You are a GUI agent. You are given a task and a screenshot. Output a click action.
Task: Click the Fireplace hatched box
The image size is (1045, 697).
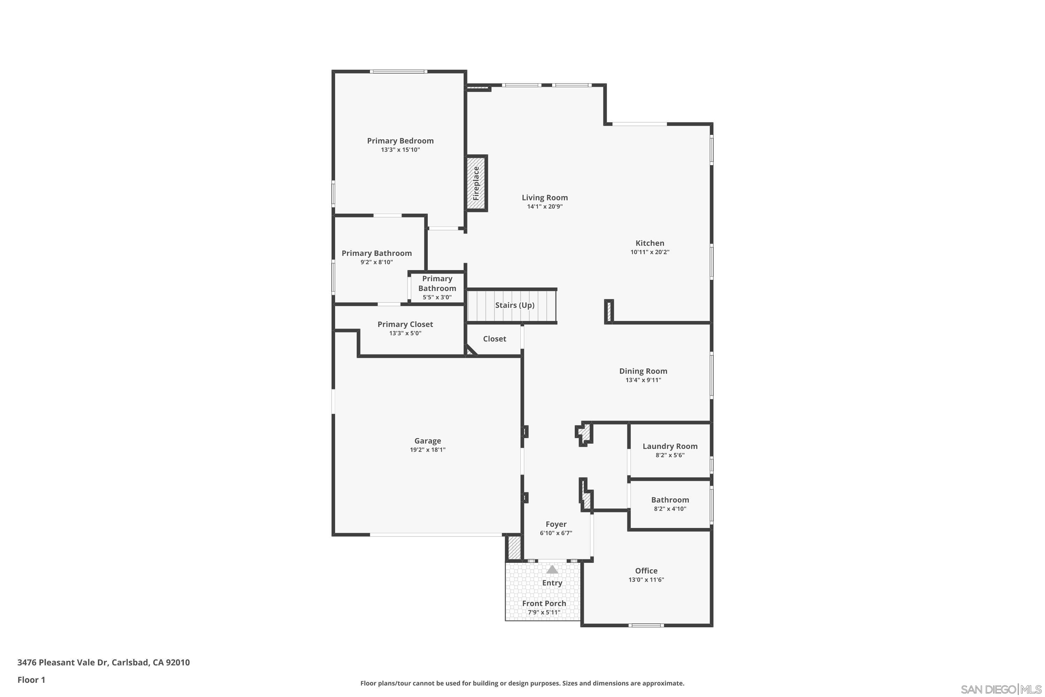[476, 183]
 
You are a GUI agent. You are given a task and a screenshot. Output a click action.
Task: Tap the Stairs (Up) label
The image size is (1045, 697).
[514, 305]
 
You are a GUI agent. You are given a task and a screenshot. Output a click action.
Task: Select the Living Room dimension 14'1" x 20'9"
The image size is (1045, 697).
[545, 207]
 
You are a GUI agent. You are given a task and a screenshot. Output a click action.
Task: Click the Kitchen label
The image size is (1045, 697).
[650, 243]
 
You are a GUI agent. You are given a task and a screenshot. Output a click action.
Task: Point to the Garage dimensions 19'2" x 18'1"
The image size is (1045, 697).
[427, 450]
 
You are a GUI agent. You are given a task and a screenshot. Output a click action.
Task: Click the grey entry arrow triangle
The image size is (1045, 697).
[552, 569]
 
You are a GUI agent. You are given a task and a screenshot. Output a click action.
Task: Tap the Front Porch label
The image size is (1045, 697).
[544, 603]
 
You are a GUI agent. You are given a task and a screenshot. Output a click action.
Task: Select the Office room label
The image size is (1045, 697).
[646, 571]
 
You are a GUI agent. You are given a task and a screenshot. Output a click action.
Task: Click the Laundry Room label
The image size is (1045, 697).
[669, 446]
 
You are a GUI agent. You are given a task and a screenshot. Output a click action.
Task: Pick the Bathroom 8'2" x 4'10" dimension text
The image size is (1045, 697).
[669, 509]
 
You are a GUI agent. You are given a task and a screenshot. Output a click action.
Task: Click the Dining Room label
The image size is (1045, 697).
[643, 371]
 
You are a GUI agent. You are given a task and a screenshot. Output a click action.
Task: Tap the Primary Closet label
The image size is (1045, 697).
[405, 324]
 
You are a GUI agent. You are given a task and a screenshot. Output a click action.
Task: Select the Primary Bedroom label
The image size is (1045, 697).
[400, 141]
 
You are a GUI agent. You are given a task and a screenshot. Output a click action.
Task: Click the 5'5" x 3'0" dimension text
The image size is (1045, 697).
[437, 297]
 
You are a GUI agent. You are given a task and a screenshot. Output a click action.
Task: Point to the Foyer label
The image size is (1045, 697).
[556, 524]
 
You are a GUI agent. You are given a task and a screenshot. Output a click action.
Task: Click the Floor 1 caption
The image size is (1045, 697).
[31, 680]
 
